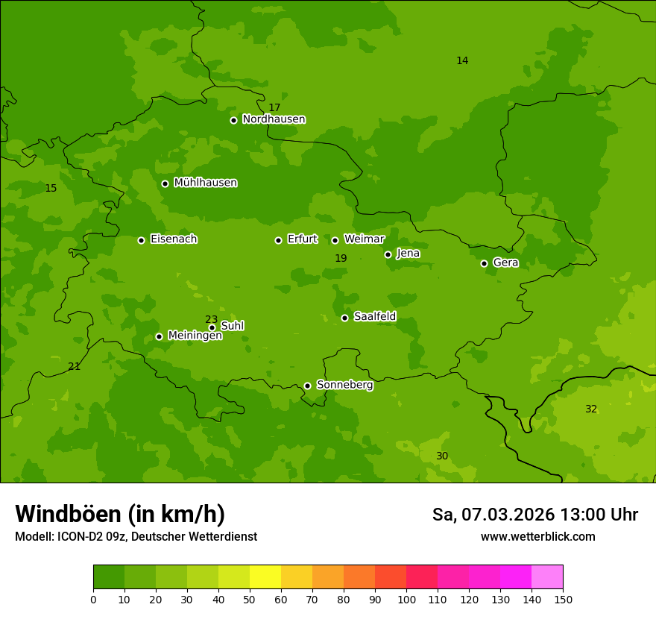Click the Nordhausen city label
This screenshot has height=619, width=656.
tap(274, 119)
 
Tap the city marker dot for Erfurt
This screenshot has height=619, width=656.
tap(278, 240)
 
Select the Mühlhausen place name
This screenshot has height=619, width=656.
tap(205, 183)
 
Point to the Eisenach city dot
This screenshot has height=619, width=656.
tap(141, 240)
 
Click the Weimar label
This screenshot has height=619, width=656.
tap(364, 239)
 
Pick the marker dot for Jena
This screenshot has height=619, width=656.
tap(388, 254)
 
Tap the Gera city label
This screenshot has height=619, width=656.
tap(505, 263)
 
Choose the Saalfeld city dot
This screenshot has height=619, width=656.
tap(344, 318)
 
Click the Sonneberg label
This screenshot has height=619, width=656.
tap(344, 385)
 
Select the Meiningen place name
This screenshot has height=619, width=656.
tap(195, 336)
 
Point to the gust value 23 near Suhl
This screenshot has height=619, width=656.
tap(212, 319)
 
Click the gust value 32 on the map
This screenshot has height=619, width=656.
tap(591, 409)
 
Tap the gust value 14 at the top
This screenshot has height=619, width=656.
tap(462, 60)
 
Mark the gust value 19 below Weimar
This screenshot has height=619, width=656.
tap(341, 258)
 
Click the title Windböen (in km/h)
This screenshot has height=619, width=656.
tap(120, 514)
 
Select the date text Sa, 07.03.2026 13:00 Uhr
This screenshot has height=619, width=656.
tap(534, 515)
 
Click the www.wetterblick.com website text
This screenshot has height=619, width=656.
tap(537, 536)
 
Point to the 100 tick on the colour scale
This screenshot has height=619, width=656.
tap(406, 599)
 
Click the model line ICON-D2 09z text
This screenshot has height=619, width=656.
tap(136, 536)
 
